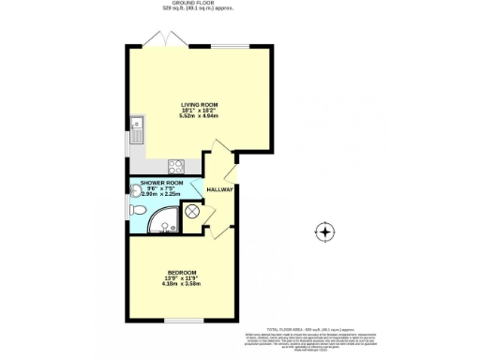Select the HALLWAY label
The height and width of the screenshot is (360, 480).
[x=220, y=188]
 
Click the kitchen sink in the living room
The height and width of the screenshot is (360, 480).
[x=137, y=126]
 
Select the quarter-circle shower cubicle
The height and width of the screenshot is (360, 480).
[x=166, y=218]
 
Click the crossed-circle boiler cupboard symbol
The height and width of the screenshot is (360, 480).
[x=193, y=213]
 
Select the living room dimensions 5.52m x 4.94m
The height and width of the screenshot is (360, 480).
[x=199, y=116]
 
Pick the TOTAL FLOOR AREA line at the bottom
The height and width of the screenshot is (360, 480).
[x=308, y=330]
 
